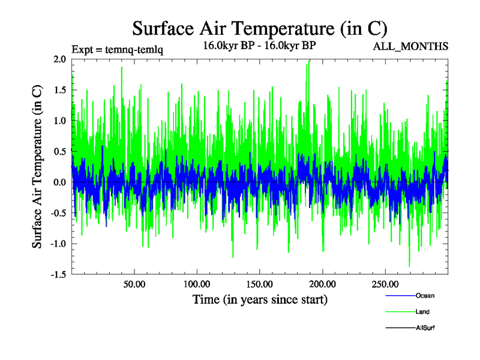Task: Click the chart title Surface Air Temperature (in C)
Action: pyautogui.click(x=259, y=28)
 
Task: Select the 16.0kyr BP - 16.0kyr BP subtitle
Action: pyautogui.click(x=260, y=46)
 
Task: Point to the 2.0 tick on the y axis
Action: pyautogui.click(x=59, y=59)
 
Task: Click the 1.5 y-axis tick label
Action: pyautogui.click(x=59, y=90)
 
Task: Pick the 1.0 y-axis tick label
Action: pyautogui.click(x=59, y=121)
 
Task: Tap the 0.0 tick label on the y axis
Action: pyautogui.click(x=59, y=182)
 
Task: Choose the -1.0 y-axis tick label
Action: pyautogui.click(x=58, y=244)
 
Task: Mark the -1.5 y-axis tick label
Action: pyautogui.click(x=58, y=274)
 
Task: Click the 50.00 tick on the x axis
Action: pyautogui.click(x=134, y=284)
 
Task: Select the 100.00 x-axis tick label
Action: pyautogui.click(x=197, y=284)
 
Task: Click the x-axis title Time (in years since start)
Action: pyautogui.click(x=260, y=299)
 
